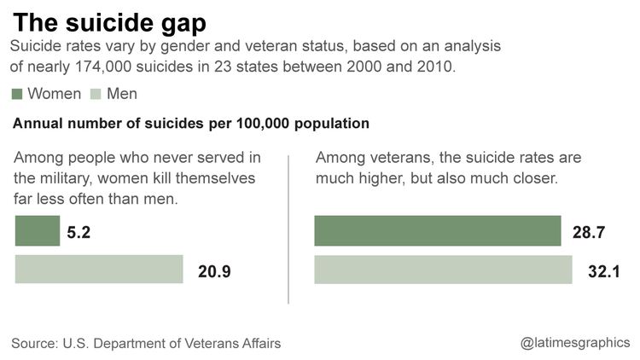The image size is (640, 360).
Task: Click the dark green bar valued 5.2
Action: (38, 231)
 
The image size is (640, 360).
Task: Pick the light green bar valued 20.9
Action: (99, 270)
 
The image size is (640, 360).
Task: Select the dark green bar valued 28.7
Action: (438, 231)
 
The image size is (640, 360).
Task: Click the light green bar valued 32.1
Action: (444, 270)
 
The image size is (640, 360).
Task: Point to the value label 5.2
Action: (80, 232)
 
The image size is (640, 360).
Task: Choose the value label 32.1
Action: (601, 271)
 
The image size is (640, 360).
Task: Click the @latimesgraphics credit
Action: (575, 343)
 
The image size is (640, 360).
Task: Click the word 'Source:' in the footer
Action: (35, 343)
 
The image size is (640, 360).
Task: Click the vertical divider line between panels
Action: (289, 229)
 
